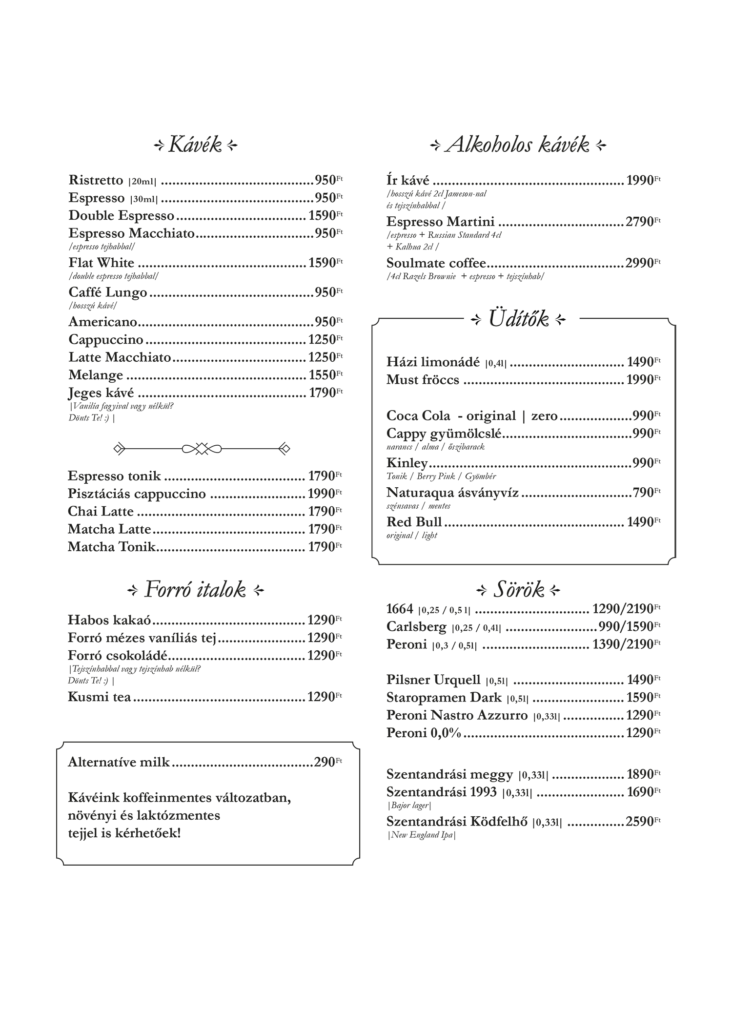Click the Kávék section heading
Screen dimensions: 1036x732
point(195,145)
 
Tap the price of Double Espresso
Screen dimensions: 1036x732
point(322,216)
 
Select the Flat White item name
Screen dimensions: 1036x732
point(101,263)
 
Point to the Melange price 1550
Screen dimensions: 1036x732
point(322,375)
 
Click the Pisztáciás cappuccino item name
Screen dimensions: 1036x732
point(137,494)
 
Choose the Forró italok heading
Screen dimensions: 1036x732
point(195,590)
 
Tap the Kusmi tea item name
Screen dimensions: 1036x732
point(99,697)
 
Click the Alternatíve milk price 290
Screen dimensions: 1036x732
point(324,762)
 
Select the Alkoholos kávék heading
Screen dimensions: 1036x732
point(518,145)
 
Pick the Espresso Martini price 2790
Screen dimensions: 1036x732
point(640,222)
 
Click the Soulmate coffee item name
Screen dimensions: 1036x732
point(436,263)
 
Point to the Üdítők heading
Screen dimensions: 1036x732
point(518,320)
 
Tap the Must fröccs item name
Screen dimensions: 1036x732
point(423,380)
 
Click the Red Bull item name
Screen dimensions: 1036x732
point(414,522)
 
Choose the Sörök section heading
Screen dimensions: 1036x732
point(518,590)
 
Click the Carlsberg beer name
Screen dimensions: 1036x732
point(416,626)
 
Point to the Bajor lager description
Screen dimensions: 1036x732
point(409,806)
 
